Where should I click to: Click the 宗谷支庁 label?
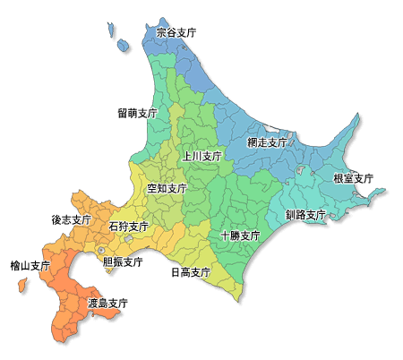pyautogui.click(x=176, y=32)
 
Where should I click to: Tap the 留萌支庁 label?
pyautogui.click(x=137, y=114)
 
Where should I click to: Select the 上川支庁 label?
pyautogui.click(x=201, y=156)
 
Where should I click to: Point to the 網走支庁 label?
pyautogui.click(x=267, y=142)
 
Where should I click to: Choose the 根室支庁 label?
pyautogui.click(x=353, y=178)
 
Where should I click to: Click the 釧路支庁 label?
pyautogui.click(x=305, y=215)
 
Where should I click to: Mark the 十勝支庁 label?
pyautogui.click(x=240, y=236)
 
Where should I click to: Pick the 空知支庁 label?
pyautogui.click(x=167, y=189)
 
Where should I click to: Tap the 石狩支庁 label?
pyautogui.click(x=128, y=227)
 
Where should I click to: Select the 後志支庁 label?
pyautogui.click(x=72, y=219)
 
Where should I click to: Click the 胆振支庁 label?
pyautogui.click(x=123, y=262)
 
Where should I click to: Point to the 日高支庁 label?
pyautogui.click(x=190, y=272)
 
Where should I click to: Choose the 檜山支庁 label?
pyautogui.click(x=30, y=266)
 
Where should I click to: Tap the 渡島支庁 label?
pyautogui.click(x=107, y=304)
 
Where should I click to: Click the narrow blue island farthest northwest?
pyautogui.click(x=113, y=30)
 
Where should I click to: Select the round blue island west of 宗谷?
pyautogui.click(x=123, y=44)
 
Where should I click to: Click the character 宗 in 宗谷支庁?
pyautogui.click(x=160, y=32)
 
